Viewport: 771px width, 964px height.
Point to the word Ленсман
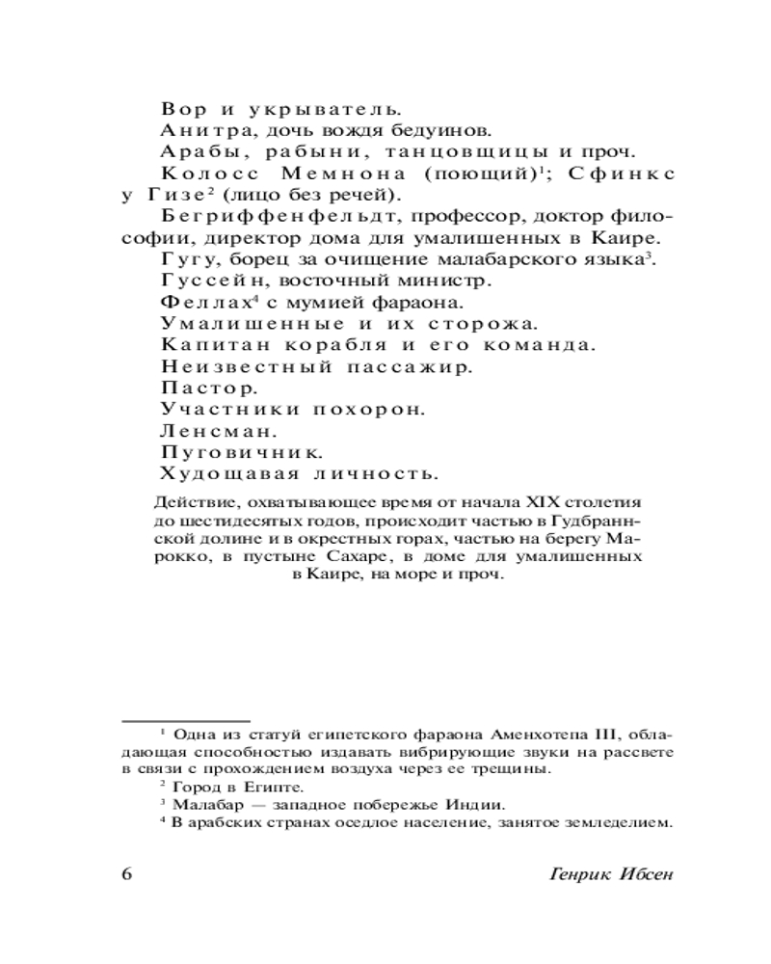click(199, 429)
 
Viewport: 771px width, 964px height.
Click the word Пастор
click(195, 388)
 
